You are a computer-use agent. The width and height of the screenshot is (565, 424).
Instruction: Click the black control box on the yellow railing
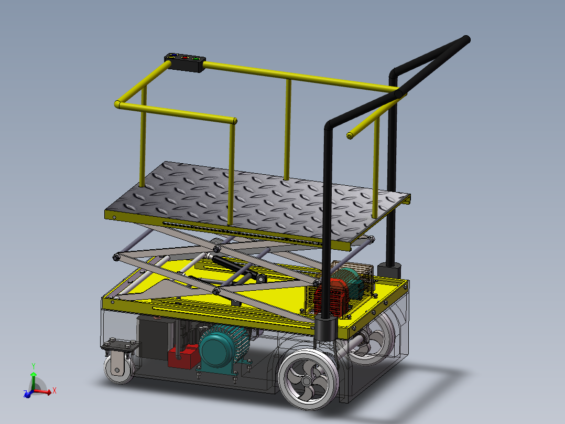(185, 62)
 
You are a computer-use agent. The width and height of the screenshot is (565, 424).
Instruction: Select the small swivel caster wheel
(119, 369)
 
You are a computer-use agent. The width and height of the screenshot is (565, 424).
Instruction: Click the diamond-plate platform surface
(257, 199)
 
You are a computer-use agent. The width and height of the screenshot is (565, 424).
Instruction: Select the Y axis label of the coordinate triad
(34, 366)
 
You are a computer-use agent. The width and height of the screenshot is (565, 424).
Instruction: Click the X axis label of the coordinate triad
(54, 390)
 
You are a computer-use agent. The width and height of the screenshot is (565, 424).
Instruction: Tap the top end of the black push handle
(464, 40)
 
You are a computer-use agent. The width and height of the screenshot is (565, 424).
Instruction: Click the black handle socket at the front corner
(325, 328)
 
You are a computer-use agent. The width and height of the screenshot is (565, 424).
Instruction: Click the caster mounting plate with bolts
(121, 347)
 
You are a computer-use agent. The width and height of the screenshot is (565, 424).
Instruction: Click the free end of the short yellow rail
(350, 135)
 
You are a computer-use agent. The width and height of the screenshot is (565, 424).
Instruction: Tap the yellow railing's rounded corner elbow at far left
(118, 104)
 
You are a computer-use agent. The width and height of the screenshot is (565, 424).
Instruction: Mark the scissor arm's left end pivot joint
(116, 258)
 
